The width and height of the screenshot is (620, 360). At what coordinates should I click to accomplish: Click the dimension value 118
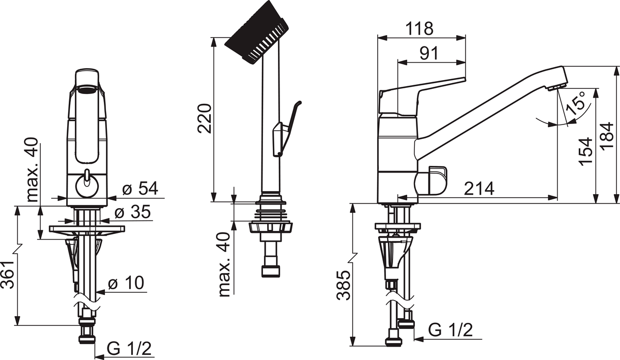point(420,28)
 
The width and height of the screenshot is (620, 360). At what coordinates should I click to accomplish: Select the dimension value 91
point(429,53)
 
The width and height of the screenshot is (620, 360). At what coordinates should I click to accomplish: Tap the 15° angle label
point(576,103)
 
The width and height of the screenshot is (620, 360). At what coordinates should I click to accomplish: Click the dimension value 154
point(586,151)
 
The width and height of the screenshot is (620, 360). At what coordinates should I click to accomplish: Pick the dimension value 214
point(479,189)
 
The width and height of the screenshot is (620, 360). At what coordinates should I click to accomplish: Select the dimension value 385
point(343,285)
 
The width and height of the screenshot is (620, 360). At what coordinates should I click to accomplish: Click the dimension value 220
point(204,118)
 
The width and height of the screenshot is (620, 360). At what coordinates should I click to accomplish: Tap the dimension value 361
point(7,274)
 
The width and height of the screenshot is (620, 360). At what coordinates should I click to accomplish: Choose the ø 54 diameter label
point(141,188)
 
